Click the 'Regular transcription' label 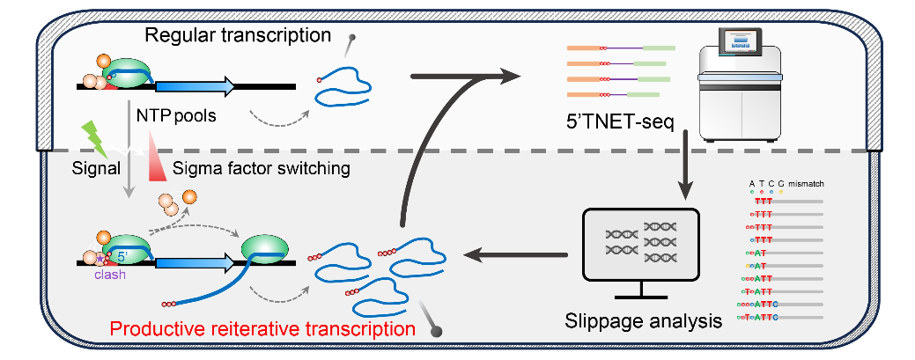(x=237, y=35)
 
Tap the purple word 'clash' (x=111, y=275)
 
